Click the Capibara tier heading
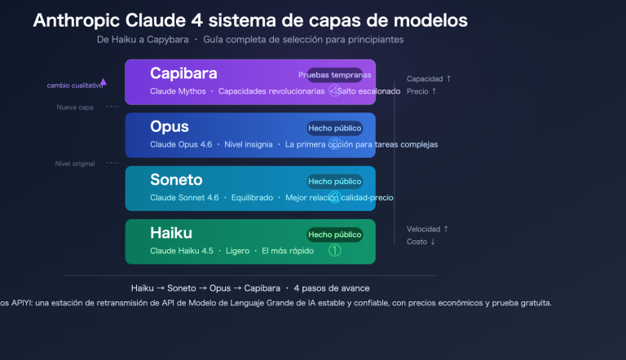(x=183, y=73)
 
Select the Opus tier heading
(x=170, y=127)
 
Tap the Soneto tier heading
(x=176, y=180)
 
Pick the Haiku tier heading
(x=171, y=234)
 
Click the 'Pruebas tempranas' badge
(x=334, y=75)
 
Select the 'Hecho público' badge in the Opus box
(x=334, y=128)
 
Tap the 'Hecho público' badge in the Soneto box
(x=334, y=182)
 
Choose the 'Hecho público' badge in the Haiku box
(x=334, y=235)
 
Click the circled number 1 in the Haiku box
(x=334, y=251)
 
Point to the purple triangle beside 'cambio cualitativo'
(x=103, y=81)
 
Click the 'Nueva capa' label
(x=72, y=108)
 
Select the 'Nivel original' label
(x=74, y=164)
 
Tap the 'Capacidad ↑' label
(x=429, y=79)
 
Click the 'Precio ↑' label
(x=422, y=91)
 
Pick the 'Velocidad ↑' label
(x=428, y=229)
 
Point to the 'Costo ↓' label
(x=421, y=241)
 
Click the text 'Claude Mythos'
(x=178, y=91)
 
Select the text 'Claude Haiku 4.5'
(x=182, y=251)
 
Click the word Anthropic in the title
(x=79, y=20)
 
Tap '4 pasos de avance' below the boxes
(x=332, y=288)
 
